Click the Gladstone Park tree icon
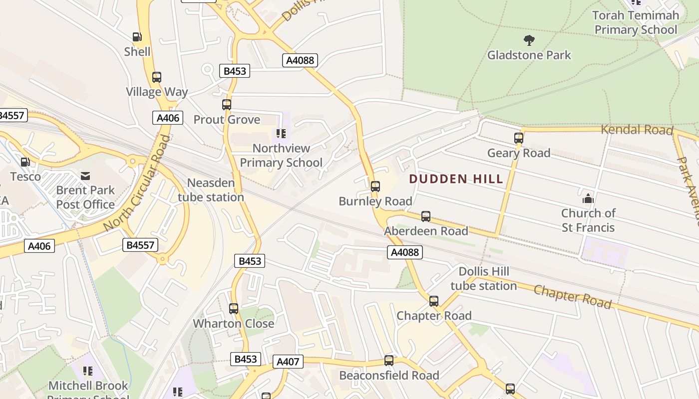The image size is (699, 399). [529, 40]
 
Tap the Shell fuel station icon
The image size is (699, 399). [137, 37]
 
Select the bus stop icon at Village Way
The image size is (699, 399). [157, 77]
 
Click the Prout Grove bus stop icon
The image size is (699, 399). [227, 105]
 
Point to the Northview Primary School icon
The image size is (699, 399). [281, 134]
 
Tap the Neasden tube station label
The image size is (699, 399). [211, 190]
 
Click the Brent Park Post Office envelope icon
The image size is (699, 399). [85, 176]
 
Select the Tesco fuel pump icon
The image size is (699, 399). [25, 162]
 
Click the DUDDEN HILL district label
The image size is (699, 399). [456, 179]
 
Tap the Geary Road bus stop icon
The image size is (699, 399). [519, 138]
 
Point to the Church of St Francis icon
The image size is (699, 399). [588, 199]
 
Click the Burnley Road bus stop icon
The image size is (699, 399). [375, 187]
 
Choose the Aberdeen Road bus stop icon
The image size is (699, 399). [426, 216]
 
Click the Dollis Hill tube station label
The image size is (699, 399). [483, 278]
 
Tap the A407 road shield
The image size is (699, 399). [288, 362]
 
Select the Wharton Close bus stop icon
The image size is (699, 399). [234, 309]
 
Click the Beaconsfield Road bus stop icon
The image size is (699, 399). [389, 361]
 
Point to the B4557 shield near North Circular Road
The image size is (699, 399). [140, 245]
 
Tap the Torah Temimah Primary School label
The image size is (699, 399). [636, 22]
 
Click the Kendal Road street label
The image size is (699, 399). [637, 130]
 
